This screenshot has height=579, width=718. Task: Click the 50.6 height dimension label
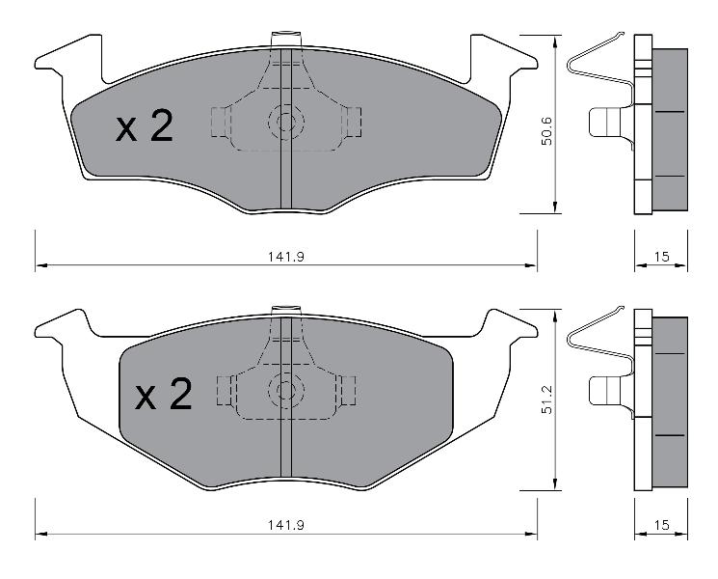pyautogui.click(x=546, y=130)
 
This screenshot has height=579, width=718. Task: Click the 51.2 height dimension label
pyautogui.click(x=546, y=400)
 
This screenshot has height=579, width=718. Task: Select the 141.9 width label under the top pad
pyautogui.click(x=286, y=257)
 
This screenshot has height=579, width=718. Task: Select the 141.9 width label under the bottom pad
pyautogui.click(x=286, y=525)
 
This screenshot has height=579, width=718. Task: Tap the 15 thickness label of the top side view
pyautogui.click(x=661, y=257)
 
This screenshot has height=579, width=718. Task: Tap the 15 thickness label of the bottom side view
pyautogui.click(x=661, y=525)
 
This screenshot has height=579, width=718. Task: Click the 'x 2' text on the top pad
pyautogui.click(x=145, y=126)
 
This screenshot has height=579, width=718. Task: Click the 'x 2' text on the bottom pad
pyautogui.click(x=164, y=394)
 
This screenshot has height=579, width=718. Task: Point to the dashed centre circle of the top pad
pyautogui.click(x=286, y=122)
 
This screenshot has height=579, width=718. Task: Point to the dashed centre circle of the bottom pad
pyautogui.click(x=286, y=390)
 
